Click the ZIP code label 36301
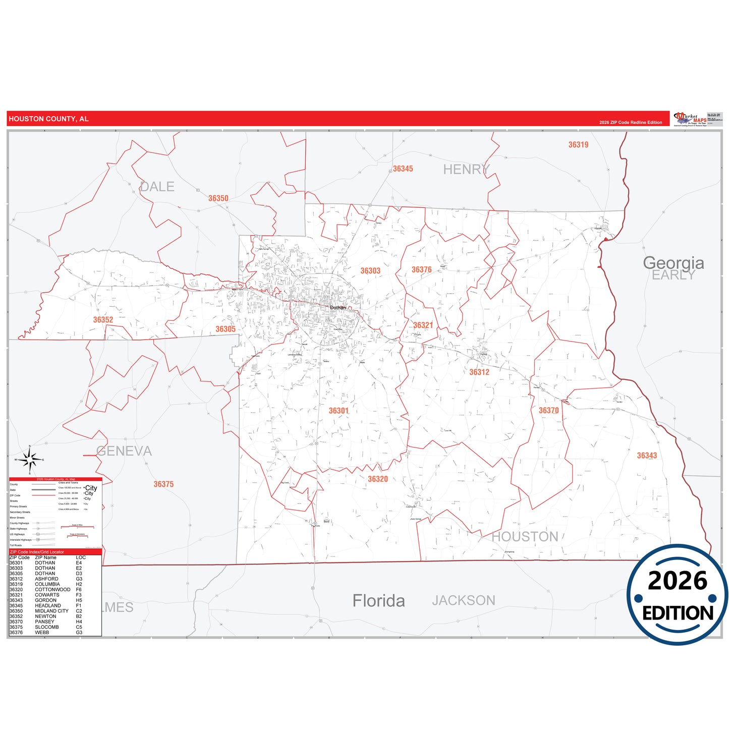coord(339,411)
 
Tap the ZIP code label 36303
coord(370,271)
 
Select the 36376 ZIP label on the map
coord(421,270)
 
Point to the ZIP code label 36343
coord(647,456)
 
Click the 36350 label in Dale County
coord(218,198)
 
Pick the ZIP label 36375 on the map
coord(163,484)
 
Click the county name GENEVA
coord(124,451)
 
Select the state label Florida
coord(378,601)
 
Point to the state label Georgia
coord(673,262)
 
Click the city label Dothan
coord(338,307)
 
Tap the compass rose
coord(30,460)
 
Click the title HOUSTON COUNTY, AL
coord(48,119)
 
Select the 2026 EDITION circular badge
coord(677,595)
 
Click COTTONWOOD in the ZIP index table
coord(52,589)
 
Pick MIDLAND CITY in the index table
coord(51,611)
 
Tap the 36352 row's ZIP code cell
coord(16,616)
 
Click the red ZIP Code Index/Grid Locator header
coord(37,552)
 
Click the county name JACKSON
coord(463,600)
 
